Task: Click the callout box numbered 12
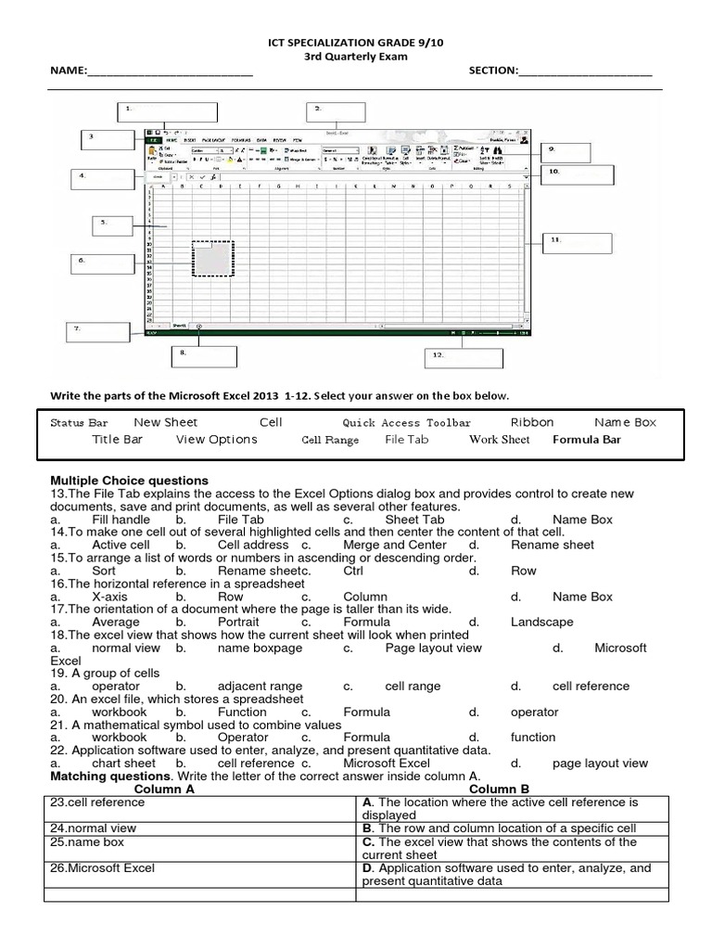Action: click(464, 358)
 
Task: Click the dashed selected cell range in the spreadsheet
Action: click(213, 260)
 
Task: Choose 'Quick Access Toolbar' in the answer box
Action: click(406, 423)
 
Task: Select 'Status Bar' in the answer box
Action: click(79, 423)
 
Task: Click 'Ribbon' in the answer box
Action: click(531, 422)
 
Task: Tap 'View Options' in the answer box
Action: click(216, 440)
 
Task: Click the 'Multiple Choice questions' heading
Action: click(129, 481)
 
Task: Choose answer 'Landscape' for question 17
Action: click(541, 623)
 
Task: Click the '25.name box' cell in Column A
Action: click(83, 842)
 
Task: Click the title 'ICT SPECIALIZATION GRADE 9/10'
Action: click(356, 42)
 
